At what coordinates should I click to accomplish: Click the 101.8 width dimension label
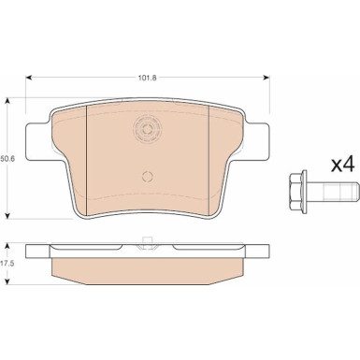[x=147, y=78]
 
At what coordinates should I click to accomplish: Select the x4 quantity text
[x=343, y=164]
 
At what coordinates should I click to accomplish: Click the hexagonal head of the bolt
[x=298, y=192]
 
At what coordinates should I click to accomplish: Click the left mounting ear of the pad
[x=37, y=142]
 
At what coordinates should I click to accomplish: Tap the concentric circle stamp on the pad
[x=147, y=129]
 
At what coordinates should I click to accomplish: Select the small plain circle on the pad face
[x=147, y=177]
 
